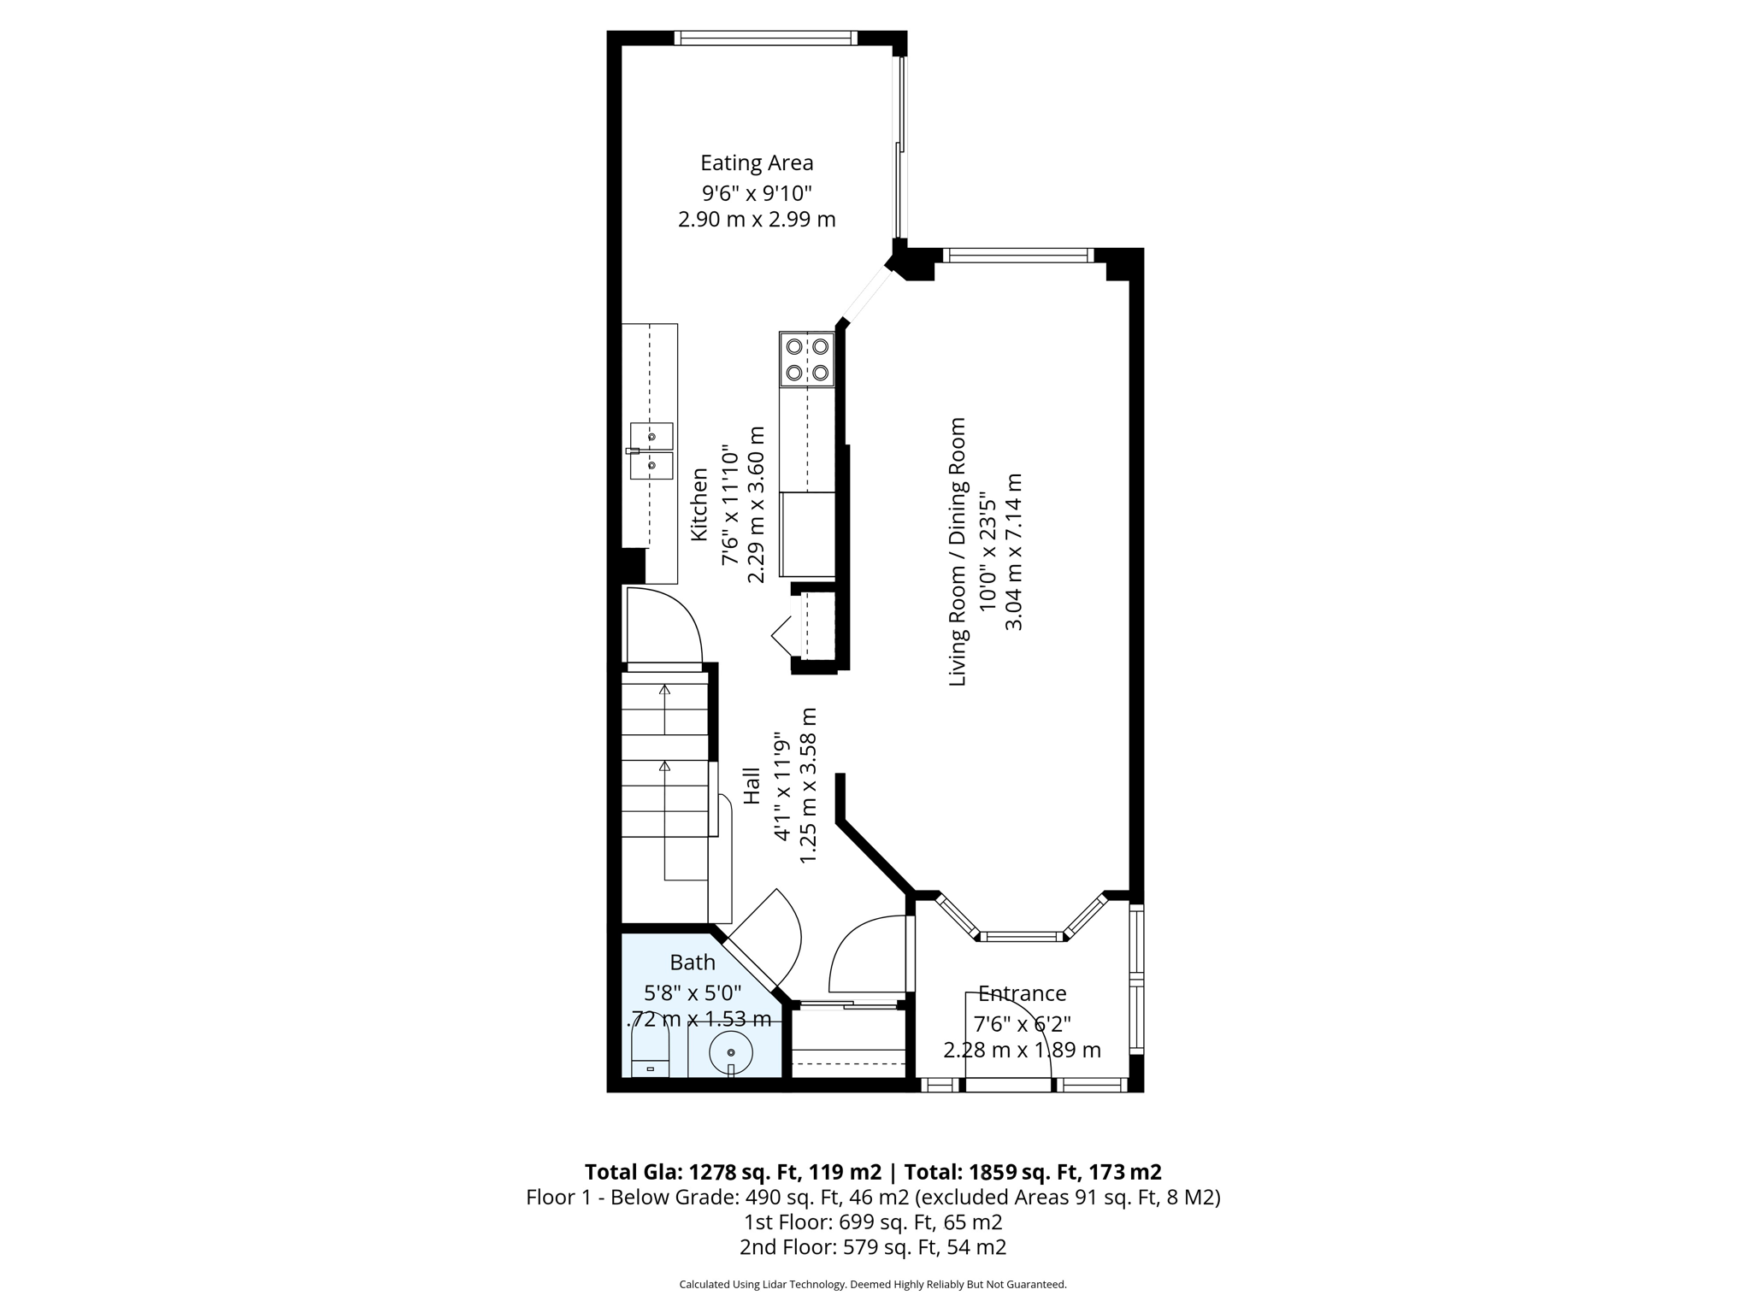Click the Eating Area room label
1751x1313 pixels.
click(757, 162)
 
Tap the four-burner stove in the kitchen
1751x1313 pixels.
click(807, 359)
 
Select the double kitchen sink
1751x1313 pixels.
click(651, 450)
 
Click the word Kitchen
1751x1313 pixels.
click(699, 504)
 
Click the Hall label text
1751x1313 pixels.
click(752, 785)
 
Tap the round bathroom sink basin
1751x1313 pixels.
click(731, 1053)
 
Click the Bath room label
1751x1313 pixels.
click(693, 963)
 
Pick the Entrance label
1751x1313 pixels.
click(1023, 993)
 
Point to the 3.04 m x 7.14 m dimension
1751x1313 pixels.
click(1014, 551)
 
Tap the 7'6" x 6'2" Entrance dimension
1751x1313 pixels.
click(1023, 1022)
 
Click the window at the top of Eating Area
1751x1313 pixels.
click(765, 38)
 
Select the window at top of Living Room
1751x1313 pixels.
click(1018, 255)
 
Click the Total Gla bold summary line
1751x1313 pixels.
click(873, 1171)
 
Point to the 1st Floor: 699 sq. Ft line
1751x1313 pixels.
click(873, 1222)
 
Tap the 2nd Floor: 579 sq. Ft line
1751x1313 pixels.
click(873, 1247)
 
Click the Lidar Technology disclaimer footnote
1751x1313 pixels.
click(873, 1284)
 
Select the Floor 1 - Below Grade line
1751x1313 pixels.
click(873, 1197)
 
